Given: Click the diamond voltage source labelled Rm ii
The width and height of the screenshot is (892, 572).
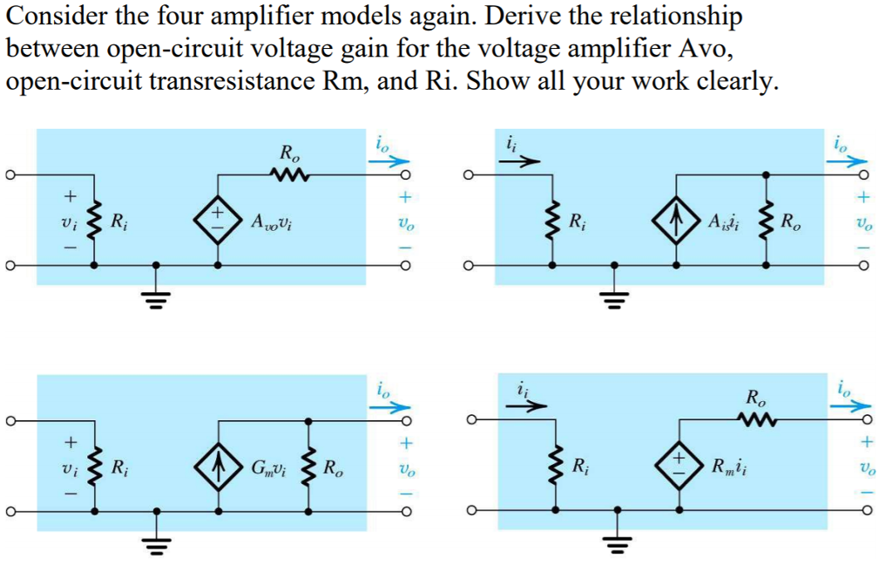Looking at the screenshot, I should click(678, 466).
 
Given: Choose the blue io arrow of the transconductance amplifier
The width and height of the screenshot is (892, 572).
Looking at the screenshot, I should click(392, 406).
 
